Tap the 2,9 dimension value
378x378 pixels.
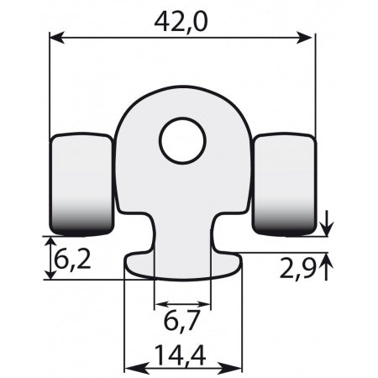[x=298, y=268]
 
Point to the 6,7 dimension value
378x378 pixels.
[x=182, y=321]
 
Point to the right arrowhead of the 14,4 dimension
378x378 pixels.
[x=237, y=368]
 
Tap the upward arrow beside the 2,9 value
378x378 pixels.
[x=328, y=263]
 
